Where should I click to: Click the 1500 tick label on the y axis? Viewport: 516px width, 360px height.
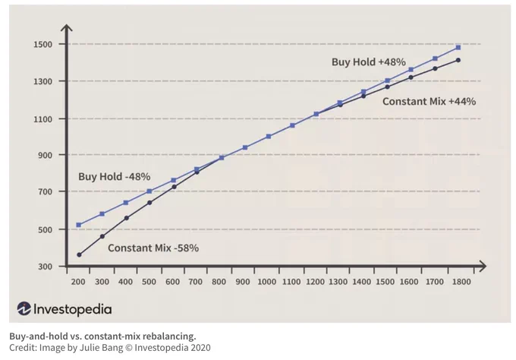42,45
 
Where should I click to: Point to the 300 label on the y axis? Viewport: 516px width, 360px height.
45,267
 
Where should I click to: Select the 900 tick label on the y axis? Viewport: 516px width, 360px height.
45,155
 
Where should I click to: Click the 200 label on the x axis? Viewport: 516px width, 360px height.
78,282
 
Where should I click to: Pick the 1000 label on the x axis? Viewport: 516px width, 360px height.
266,282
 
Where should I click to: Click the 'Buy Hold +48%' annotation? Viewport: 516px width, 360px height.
369,62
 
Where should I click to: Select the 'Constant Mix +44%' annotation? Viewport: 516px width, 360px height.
429,102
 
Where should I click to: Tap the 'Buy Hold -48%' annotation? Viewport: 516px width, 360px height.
114,177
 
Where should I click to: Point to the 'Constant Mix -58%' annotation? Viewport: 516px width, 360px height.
153,248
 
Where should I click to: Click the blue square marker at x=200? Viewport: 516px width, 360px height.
79,225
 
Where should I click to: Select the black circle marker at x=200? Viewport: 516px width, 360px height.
79,255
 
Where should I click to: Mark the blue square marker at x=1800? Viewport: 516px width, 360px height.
458,47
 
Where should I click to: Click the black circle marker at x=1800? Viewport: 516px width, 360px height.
458,60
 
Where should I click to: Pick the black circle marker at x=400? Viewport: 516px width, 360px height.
127,218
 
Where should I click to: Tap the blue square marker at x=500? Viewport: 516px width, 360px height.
149,191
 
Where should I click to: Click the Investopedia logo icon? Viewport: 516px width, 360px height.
24,308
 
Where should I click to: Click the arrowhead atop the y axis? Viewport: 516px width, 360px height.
67,27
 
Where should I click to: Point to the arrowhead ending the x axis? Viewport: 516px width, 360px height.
483,267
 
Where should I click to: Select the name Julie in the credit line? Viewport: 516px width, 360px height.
88,348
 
